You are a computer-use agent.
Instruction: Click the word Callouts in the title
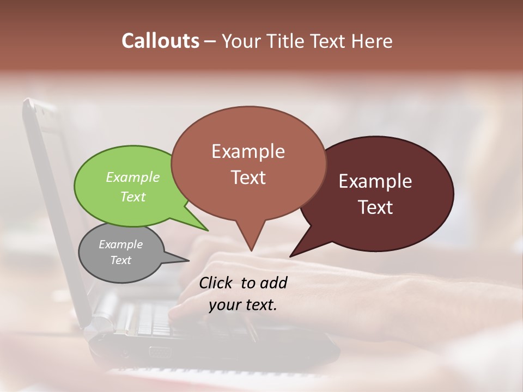click(x=160, y=41)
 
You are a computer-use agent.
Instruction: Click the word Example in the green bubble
click(x=133, y=177)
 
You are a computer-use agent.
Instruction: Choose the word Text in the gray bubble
click(x=121, y=260)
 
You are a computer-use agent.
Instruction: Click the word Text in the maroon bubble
click(x=375, y=207)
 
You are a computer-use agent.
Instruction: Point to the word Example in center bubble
click(x=248, y=151)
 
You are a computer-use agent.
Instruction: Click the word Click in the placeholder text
click(x=216, y=283)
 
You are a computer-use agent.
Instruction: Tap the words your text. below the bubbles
click(x=243, y=305)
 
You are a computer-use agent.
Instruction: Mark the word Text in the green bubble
click(x=133, y=197)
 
